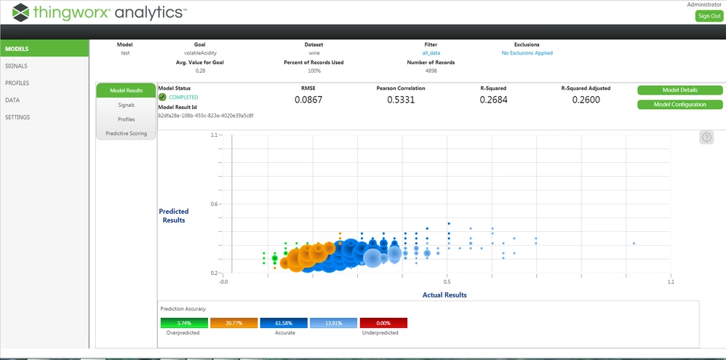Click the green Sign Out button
click(x=709, y=16)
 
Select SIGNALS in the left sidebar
click(x=16, y=65)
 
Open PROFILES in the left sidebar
click(x=17, y=83)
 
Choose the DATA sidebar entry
click(x=12, y=100)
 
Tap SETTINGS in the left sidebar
click(x=17, y=117)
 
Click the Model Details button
click(x=679, y=90)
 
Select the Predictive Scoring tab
click(x=126, y=134)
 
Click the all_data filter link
click(x=431, y=53)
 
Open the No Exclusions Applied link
click(x=527, y=53)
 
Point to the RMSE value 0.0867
click(x=308, y=100)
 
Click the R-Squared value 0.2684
click(x=493, y=100)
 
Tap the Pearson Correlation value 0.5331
click(x=401, y=100)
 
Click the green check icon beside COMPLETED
click(x=162, y=97)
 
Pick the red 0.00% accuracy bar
click(x=383, y=323)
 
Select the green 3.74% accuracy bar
click(x=184, y=323)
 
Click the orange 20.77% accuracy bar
click(x=234, y=323)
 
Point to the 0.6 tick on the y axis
click(x=213, y=204)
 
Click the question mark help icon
click(x=706, y=137)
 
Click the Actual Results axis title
click(x=444, y=295)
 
